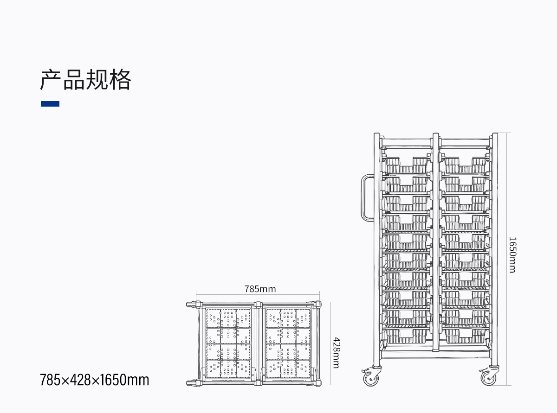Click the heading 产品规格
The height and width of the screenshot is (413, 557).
coord(85,79)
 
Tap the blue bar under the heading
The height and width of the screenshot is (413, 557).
coord(50,104)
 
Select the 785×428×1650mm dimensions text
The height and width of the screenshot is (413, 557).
coord(94,380)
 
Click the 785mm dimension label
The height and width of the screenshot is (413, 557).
coord(260,289)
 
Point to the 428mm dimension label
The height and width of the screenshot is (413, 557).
coord(337,353)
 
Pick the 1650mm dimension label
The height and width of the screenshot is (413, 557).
coord(512,255)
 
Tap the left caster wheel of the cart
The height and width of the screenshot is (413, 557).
coord(371,377)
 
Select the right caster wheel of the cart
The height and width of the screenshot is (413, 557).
coord(488,377)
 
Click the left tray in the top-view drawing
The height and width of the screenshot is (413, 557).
coord(228,343)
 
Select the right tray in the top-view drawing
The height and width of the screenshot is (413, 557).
coord(288,343)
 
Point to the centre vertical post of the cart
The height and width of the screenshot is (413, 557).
coord(436,242)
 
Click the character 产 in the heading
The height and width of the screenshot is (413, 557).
coord(51,79)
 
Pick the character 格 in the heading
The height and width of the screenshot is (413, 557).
coord(120,79)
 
